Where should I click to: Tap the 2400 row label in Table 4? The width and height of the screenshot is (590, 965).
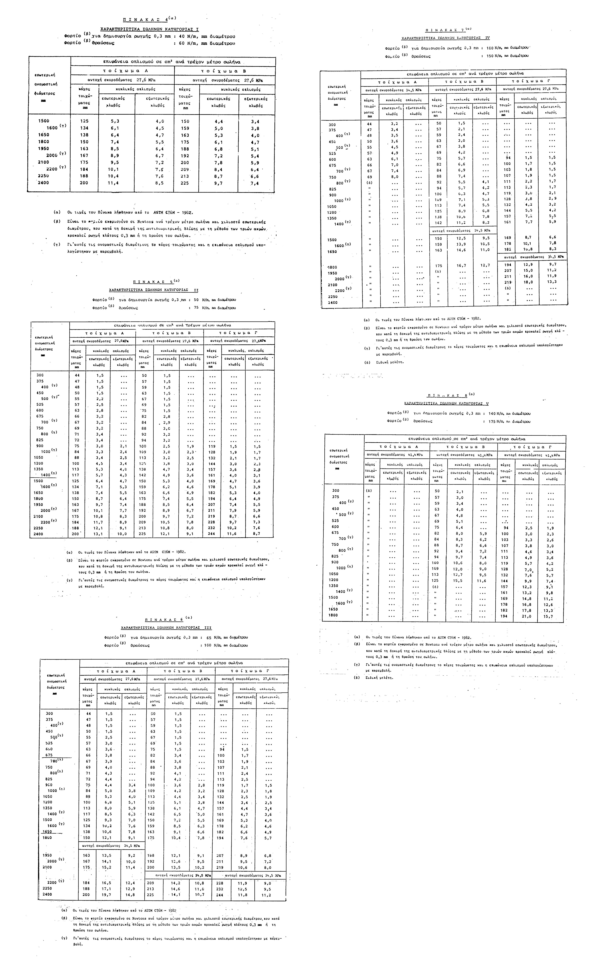43,183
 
